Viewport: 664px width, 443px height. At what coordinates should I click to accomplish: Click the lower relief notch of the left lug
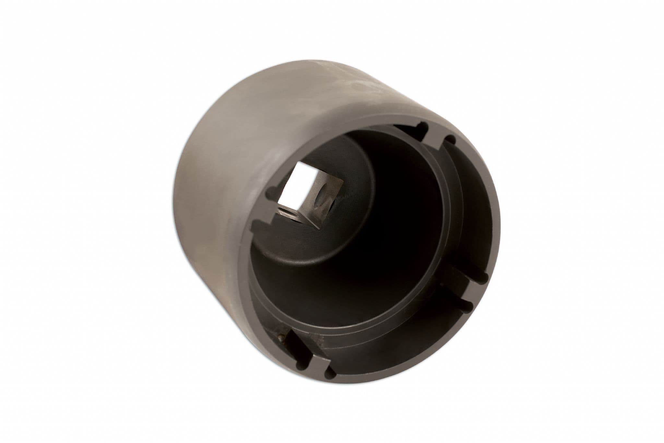coord(256,224)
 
